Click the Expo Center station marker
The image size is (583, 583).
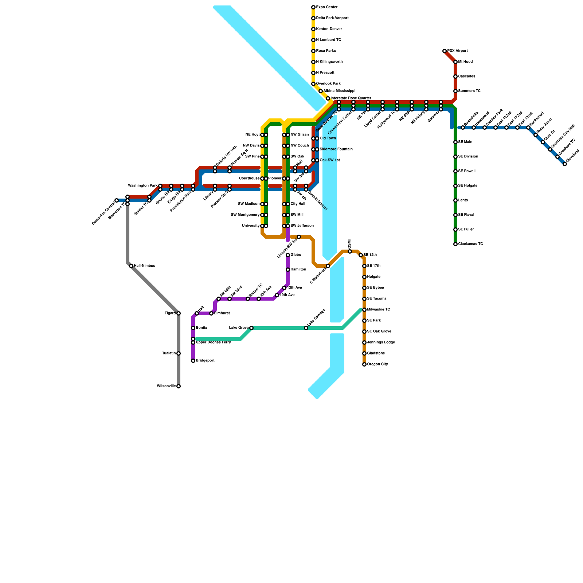click(313, 7)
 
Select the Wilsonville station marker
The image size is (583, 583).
click(179, 386)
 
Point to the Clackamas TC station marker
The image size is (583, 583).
click(455, 244)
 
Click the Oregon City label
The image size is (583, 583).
click(377, 364)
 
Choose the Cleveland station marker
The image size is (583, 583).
click(565, 164)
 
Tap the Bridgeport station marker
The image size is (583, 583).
click(193, 361)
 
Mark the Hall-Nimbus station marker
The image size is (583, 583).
click(131, 266)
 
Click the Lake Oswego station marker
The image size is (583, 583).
click(306, 328)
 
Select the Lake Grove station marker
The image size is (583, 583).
click(251, 328)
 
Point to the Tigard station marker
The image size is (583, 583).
click(179, 313)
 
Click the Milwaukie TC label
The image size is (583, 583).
click(379, 310)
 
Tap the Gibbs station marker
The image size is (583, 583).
click(288, 255)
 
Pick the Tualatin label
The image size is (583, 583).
click(169, 353)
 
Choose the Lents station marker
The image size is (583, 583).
click(455, 200)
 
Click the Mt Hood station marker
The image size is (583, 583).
click(455, 62)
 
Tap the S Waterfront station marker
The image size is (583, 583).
click(328, 266)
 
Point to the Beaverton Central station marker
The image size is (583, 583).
click(117, 200)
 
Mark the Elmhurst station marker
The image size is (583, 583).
click(211, 313)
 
